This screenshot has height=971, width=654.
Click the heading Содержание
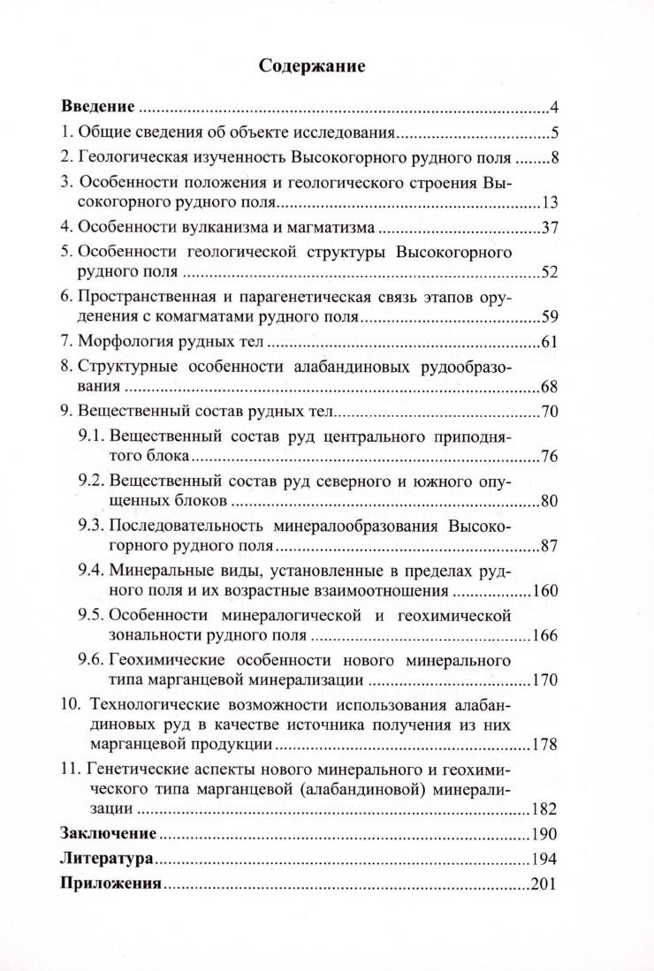(312, 65)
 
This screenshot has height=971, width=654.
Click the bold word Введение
(97, 108)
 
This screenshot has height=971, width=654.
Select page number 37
(550, 229)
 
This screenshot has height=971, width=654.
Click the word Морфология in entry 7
(122, 342)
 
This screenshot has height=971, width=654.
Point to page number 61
(550, 343)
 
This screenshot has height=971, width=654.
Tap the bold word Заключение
(108, 833)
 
